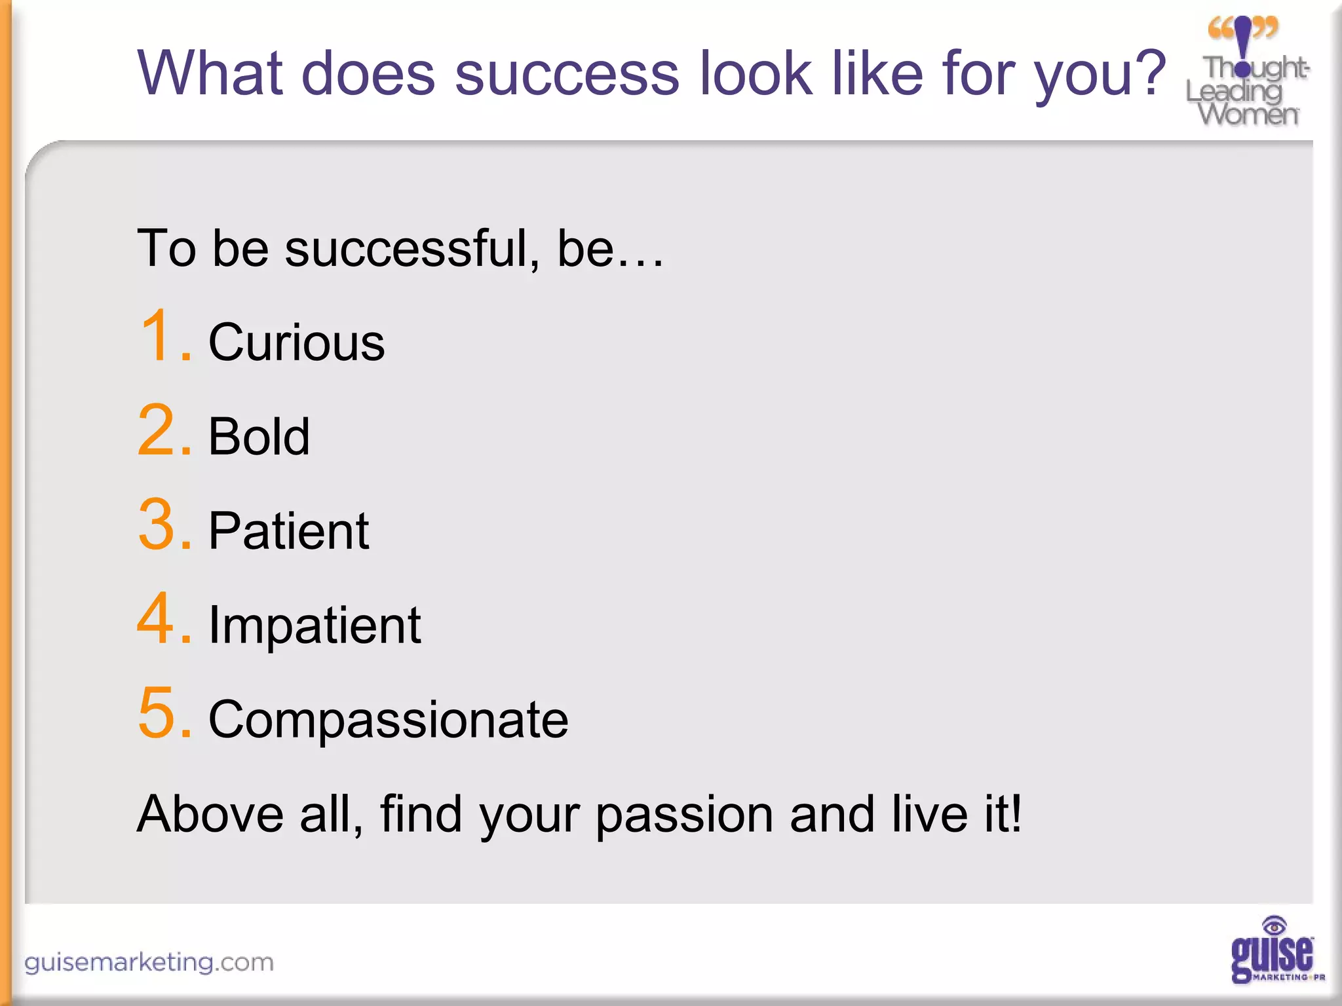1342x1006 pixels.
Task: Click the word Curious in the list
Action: click(296, 343)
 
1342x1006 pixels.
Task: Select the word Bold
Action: click(259, 437)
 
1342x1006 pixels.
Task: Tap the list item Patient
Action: click(288, 531)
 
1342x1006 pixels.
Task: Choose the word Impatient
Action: click(315, 625)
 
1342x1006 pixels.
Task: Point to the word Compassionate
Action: click(388, 720)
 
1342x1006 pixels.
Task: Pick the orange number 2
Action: click(157, 430)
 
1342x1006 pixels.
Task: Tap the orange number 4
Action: click(157, 619)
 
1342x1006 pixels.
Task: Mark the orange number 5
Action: click(157, 713)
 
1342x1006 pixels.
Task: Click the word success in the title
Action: click(567, 73)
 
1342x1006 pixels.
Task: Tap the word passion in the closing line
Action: click(685, 815)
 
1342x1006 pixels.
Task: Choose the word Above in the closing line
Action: click(210, 814)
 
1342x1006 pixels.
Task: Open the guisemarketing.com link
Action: click(149, 963)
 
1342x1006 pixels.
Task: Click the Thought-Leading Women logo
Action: click(1247, 72)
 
